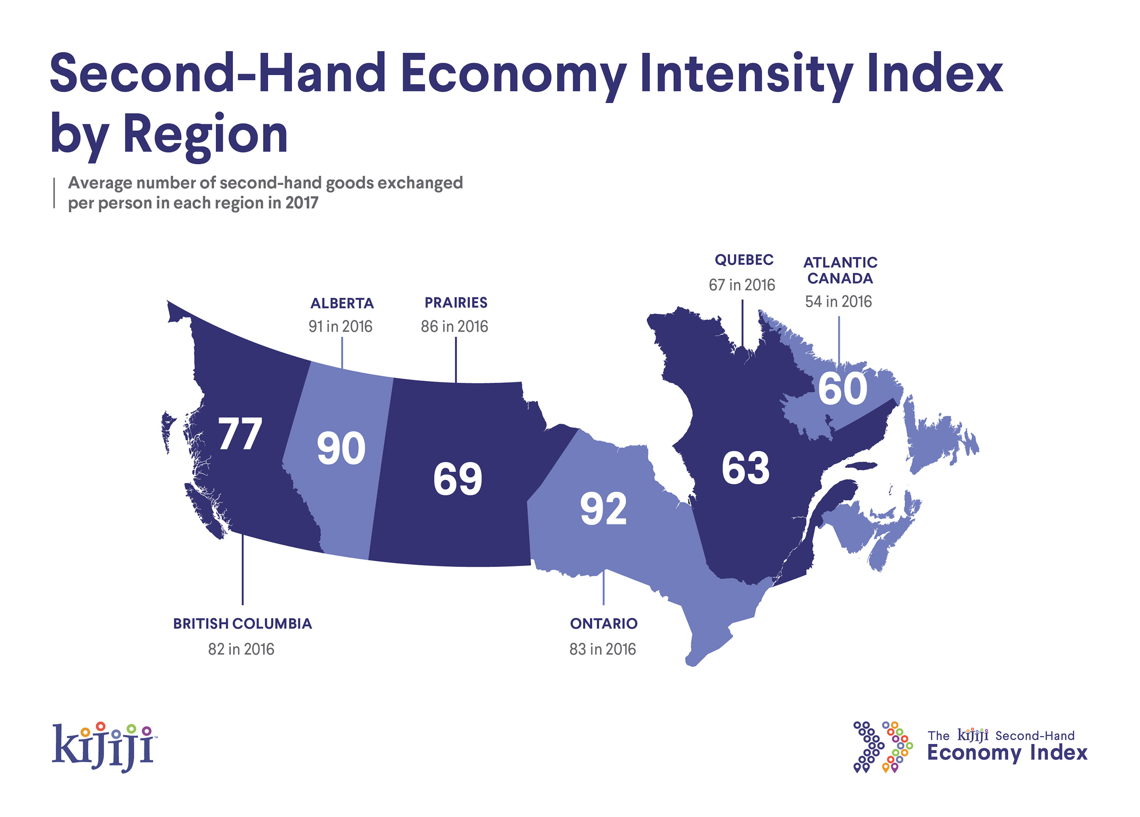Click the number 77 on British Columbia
(x=240, y=433)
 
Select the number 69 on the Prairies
(x=457, y=479)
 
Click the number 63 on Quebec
(x=745, y=468)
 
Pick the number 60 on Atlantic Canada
(x=842, y=388)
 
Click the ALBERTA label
(x=342, y=303)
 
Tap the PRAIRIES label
(x=456, y=302)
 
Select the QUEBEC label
(x=744, y=260)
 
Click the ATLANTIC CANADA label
(x=840, y=270)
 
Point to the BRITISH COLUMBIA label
(x=242, y=624)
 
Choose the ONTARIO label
(x=603, y=624)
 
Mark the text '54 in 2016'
(x=839, y=301)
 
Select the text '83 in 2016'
(x=603, y=649)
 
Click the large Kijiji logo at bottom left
(x=103, y=746)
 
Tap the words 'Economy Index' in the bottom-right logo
(x=1007, y=753)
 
